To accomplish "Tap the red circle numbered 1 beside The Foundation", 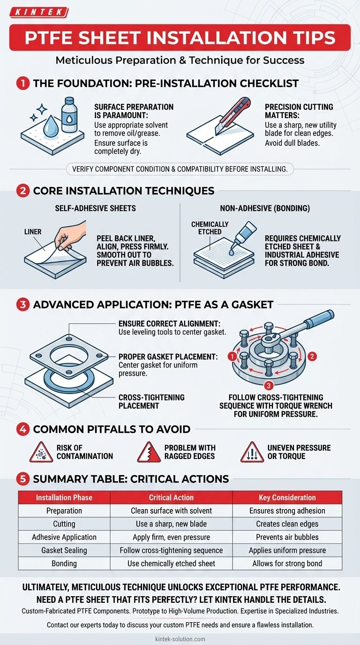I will (22, 84).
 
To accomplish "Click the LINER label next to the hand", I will (33, 232).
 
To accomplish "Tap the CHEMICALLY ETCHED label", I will (210, 228).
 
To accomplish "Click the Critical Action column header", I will (171, 497).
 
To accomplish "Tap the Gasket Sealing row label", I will (64, 550).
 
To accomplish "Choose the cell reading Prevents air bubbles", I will (287, 537).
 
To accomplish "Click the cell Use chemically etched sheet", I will (171, 563).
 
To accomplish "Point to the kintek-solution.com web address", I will (180, 639).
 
